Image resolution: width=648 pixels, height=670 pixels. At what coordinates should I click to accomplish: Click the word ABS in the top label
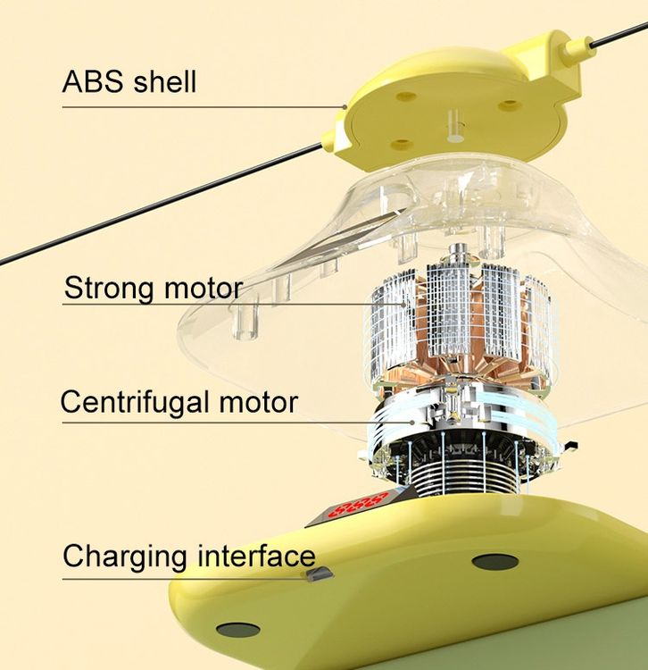click(93, 81)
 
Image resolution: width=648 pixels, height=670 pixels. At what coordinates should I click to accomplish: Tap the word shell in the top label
click(165, 80)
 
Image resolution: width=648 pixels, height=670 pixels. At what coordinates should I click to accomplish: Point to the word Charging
click(125, 557)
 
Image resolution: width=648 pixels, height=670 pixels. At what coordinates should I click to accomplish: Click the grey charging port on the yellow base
click(318, 574)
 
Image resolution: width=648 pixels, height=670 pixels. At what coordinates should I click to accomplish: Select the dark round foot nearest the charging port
click(494, 562)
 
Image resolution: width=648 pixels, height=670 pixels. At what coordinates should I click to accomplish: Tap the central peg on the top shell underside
click(453, 125)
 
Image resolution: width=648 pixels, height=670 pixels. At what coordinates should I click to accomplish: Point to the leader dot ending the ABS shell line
click(345, 107)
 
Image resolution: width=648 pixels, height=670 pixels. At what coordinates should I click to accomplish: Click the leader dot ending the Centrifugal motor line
click(412, 423)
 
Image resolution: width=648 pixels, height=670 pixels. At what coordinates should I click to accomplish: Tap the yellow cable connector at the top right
click(578, 50)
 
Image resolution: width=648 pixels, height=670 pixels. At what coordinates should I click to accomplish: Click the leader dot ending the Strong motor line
click(404, 305)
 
